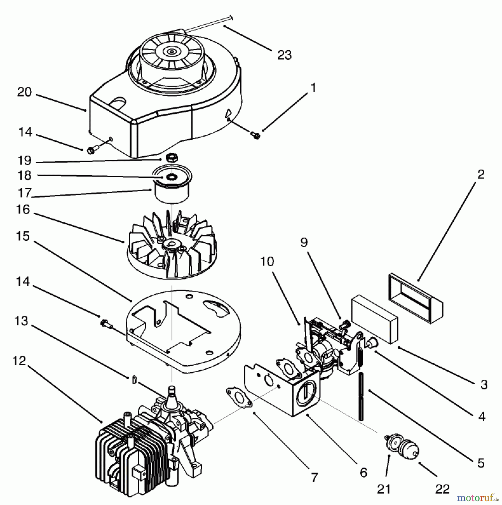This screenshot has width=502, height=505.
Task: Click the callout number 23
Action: click(x=284, y=55)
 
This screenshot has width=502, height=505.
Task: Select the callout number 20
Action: click(x=24, y=92)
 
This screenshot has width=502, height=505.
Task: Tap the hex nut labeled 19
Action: click(x=172, y=158)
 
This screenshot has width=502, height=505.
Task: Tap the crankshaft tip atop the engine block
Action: click(x=171, y=389)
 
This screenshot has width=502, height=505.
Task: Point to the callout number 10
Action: click(x=267, y=262)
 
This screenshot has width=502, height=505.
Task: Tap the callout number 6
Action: click(x=363, y=473)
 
